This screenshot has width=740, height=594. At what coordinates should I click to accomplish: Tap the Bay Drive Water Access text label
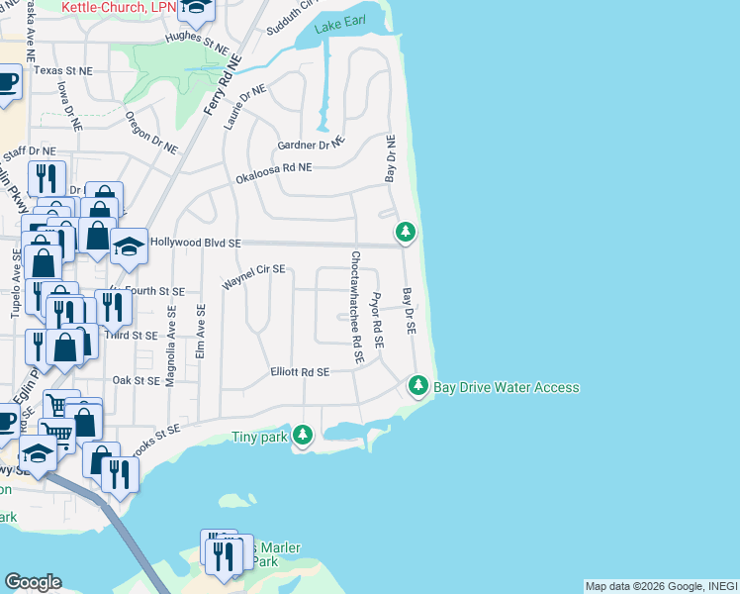[x=507, y=387]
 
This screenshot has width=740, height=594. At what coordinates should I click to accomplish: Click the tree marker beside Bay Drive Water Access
[x=419, y=385]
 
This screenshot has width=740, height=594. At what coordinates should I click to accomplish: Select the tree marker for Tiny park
[x=303, y=434]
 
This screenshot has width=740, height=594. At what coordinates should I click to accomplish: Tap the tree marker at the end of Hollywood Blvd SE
[x=405, y=233]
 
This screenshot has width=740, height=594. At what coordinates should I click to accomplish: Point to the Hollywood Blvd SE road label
[x=194, y=243]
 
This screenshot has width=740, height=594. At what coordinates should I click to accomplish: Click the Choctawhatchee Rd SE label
[x=356, y=306]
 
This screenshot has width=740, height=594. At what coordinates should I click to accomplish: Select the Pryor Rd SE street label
[x=376, y=320]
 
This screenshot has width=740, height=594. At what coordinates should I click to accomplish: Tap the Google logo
[x=33, y=582]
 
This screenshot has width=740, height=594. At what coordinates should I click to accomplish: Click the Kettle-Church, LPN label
[x=118, y=7]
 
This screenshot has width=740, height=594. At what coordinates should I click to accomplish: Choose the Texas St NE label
[x=62, y=71]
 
